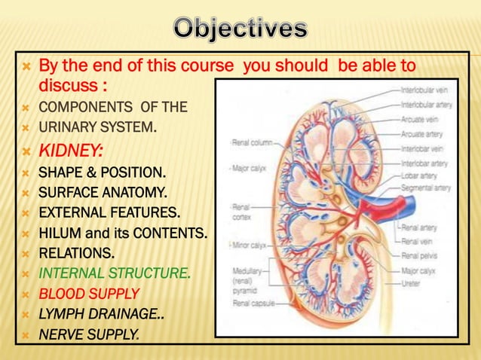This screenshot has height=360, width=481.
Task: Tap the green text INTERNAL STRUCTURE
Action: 114,273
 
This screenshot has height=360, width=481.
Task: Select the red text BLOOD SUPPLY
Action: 89,294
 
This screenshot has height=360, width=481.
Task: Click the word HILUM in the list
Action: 58,233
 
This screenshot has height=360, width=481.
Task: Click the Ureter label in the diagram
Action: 411,283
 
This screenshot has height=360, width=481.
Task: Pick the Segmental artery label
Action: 426,188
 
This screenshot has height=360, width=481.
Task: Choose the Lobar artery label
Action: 419,175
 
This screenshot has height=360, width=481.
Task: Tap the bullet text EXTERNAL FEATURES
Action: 109,213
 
